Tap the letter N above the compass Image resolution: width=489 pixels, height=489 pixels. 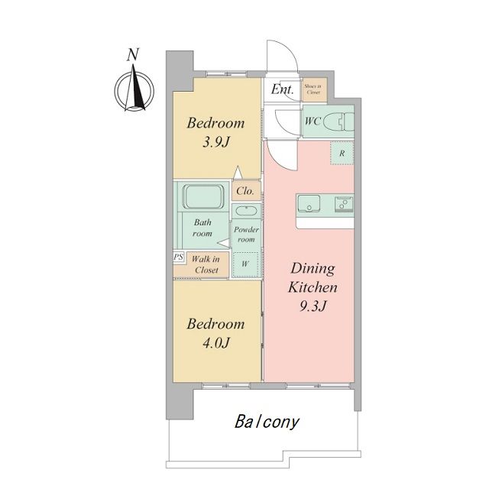[133, 54]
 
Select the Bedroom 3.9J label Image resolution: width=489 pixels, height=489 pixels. [215, 132]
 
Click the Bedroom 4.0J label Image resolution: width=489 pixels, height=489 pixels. [215, 334]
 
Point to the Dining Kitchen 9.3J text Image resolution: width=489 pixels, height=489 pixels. [313, 287]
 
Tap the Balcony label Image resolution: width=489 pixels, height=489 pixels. [267, 422]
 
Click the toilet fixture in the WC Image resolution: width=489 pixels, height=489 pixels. [339, 121]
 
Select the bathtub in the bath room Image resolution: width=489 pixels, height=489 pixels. [203, 196]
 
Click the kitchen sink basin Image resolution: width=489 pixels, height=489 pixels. [309, 204]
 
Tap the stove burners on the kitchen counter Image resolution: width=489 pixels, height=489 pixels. [345, 204]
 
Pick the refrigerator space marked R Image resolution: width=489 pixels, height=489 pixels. [342, 153]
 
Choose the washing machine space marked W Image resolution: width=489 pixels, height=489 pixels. [245, 264]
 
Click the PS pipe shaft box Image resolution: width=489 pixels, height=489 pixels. [179, 257]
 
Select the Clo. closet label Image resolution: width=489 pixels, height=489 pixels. [245, 190]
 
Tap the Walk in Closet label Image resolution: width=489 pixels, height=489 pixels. [206, 264]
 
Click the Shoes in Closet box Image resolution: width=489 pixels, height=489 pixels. [315, 89]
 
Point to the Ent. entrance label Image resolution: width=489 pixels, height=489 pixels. [282, 89]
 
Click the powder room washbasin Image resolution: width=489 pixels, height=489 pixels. [246, 211]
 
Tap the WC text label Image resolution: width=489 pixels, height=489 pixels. [313, 121]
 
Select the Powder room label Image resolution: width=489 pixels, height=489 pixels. [246, 235]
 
